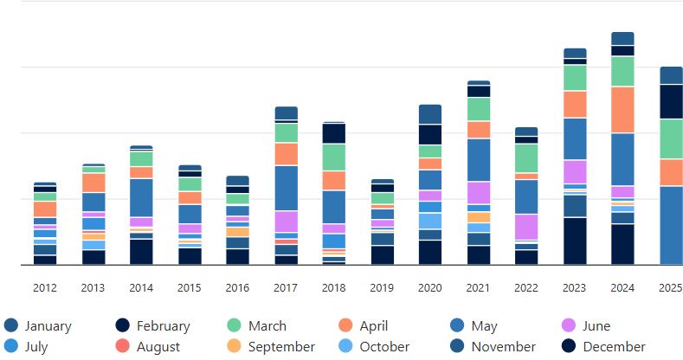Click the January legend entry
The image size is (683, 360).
pyautogui.click(x=48, y=326)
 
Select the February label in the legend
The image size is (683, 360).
pyautogui.click(x=163, y=326)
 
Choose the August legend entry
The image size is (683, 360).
pyautogui.click(x=158, y=347)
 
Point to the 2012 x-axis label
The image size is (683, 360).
pyautogui.click(x=45, y=288)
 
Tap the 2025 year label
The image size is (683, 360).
pyautogui.click(x=671, y=288)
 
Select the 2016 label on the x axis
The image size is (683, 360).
pyautogui.click(x=237, y=288)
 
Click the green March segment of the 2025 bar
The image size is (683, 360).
pyautogui.click(x=671, y=138)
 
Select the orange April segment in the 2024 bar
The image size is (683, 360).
pyautogui.click(x=622, y=109)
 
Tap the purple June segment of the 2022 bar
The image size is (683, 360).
pyautogui.click(x=526, y=227)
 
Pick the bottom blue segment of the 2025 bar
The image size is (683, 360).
pyautogui.click(x=671, y=225)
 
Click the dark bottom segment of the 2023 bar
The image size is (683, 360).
pyautogui.click(x=575, y=241)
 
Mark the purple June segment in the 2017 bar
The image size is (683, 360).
pyautogui.click(x=286, y=222)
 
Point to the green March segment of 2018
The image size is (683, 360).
pyautogui.click(x=333, y=157)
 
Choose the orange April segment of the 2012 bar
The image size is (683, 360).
pyautogui.click(x=45, y=209)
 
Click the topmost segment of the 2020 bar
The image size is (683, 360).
pyautogui.click(x=429, y=113)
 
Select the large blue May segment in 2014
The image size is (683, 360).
pyautogui.click(x=141, y=197)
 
